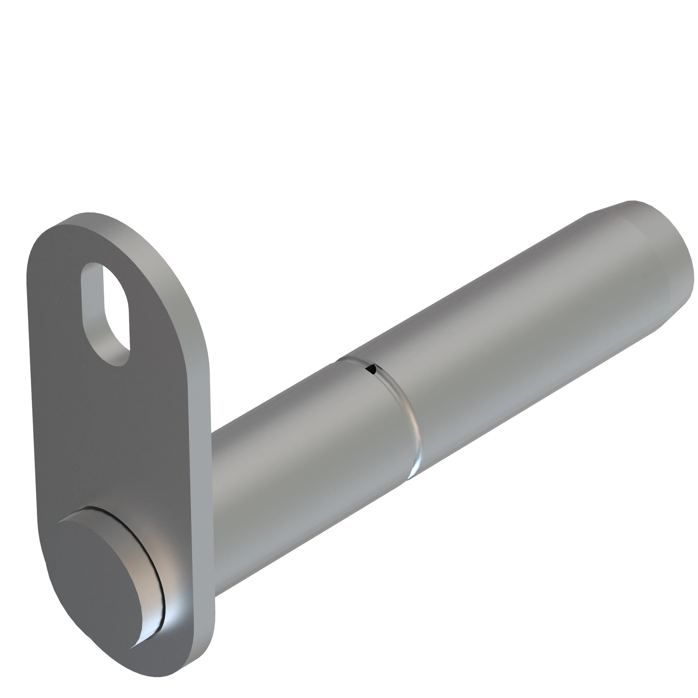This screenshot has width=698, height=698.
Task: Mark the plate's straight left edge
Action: [x=32, y=398]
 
